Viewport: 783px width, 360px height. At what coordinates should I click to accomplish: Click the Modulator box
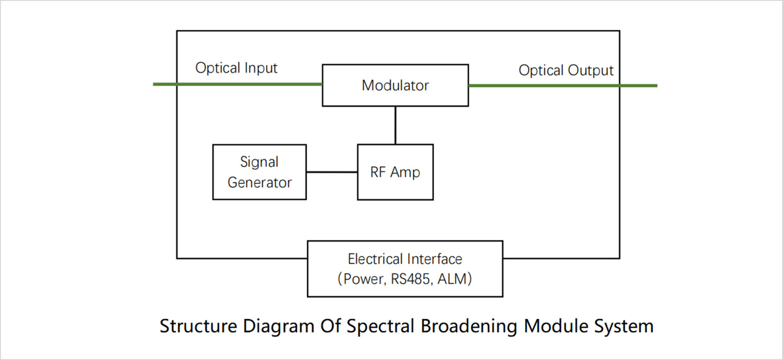pos(395,85)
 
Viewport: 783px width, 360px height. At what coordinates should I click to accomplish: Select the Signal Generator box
pos(260,172)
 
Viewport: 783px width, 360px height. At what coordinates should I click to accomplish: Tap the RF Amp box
pos(395,172)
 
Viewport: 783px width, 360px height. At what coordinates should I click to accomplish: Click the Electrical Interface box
pos(405,269)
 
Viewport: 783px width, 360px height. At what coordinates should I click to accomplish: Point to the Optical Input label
pos(236,68)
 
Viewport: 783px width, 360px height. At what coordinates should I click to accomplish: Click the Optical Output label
pos(566,70)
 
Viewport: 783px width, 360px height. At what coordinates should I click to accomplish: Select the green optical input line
pos(238,84)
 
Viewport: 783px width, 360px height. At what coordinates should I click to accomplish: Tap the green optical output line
pos(563,86)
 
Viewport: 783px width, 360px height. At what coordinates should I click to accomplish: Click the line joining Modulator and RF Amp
pos(395,126)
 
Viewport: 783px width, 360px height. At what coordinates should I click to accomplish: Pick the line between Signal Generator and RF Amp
pos(332,172)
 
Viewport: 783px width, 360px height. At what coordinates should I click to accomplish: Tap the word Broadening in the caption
pos(469,327)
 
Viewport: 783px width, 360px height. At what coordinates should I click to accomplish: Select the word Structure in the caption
pos(199,326)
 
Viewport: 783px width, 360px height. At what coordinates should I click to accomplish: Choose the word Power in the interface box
pos(364,279)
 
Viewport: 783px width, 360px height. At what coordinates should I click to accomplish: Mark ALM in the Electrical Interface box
pos(452,279)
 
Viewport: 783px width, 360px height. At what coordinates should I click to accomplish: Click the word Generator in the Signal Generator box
pos(260,183)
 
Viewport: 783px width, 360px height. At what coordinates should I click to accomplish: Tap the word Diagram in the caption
pos(278,327)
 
